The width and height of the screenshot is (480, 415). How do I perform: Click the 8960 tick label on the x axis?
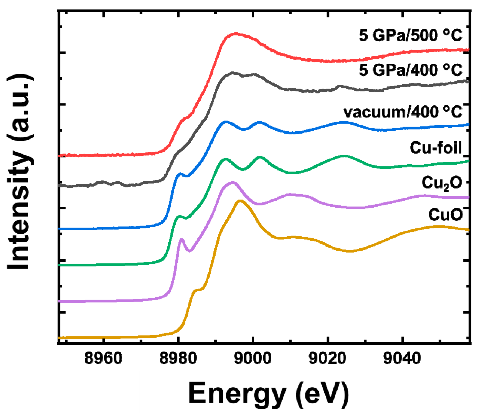coord(103,358)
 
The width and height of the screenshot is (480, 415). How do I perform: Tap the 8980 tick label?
coord(178,358)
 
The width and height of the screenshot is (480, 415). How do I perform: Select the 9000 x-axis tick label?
coord(253,358)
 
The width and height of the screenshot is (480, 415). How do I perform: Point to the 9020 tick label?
coord(327,358)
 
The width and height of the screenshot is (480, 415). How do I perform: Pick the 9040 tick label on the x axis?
coord(402,358)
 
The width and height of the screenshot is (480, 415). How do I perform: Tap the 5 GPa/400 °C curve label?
coord(410,70)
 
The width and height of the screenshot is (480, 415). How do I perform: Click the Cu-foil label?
coord(435,148)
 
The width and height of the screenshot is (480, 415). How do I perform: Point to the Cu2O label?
coord(442,183)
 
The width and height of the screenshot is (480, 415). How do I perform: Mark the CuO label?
coord(445,215)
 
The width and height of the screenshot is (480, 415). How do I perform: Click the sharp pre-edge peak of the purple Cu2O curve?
coord(182,240)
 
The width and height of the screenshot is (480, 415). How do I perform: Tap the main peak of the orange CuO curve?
coord(240,201)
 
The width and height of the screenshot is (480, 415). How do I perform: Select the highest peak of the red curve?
coord(236,34)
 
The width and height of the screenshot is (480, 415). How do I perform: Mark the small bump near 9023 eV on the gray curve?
coord(340,87)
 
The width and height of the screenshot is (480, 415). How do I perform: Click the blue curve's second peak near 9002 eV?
coord(259,123)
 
